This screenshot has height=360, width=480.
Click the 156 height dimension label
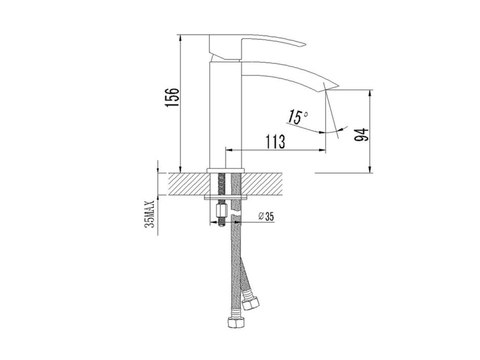(x=172, y=97)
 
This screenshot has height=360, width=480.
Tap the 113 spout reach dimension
(x=275, y=142)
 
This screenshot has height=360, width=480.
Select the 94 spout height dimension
(x=361, y=135)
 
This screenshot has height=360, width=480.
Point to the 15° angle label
(x=297, y=117)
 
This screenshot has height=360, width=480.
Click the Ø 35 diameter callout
(x=266, y=217)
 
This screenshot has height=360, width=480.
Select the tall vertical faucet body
(x=225, y=115)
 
